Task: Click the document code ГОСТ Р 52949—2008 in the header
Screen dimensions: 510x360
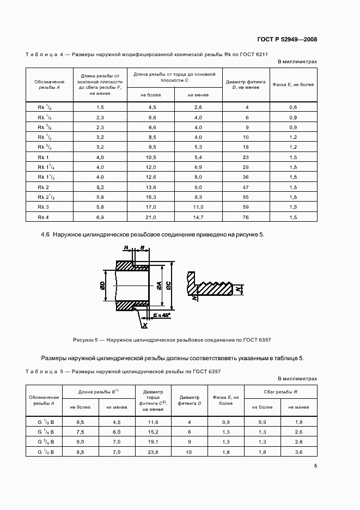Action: coord(286,39)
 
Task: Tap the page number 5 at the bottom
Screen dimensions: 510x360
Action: coord(315,466)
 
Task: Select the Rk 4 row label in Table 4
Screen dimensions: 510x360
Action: coord(44,217)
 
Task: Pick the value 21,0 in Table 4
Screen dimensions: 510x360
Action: coord(151,217)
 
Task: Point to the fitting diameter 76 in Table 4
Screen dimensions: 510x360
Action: coord(246,217)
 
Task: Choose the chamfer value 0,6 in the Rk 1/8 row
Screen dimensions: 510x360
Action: coord(293,107)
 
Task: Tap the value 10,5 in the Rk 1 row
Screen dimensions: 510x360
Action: coord(151,157)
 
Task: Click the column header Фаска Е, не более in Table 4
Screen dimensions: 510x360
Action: coord(293,84)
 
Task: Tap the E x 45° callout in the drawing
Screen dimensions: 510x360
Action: coord(162,315)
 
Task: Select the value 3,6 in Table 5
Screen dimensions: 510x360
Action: coord(298,451)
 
